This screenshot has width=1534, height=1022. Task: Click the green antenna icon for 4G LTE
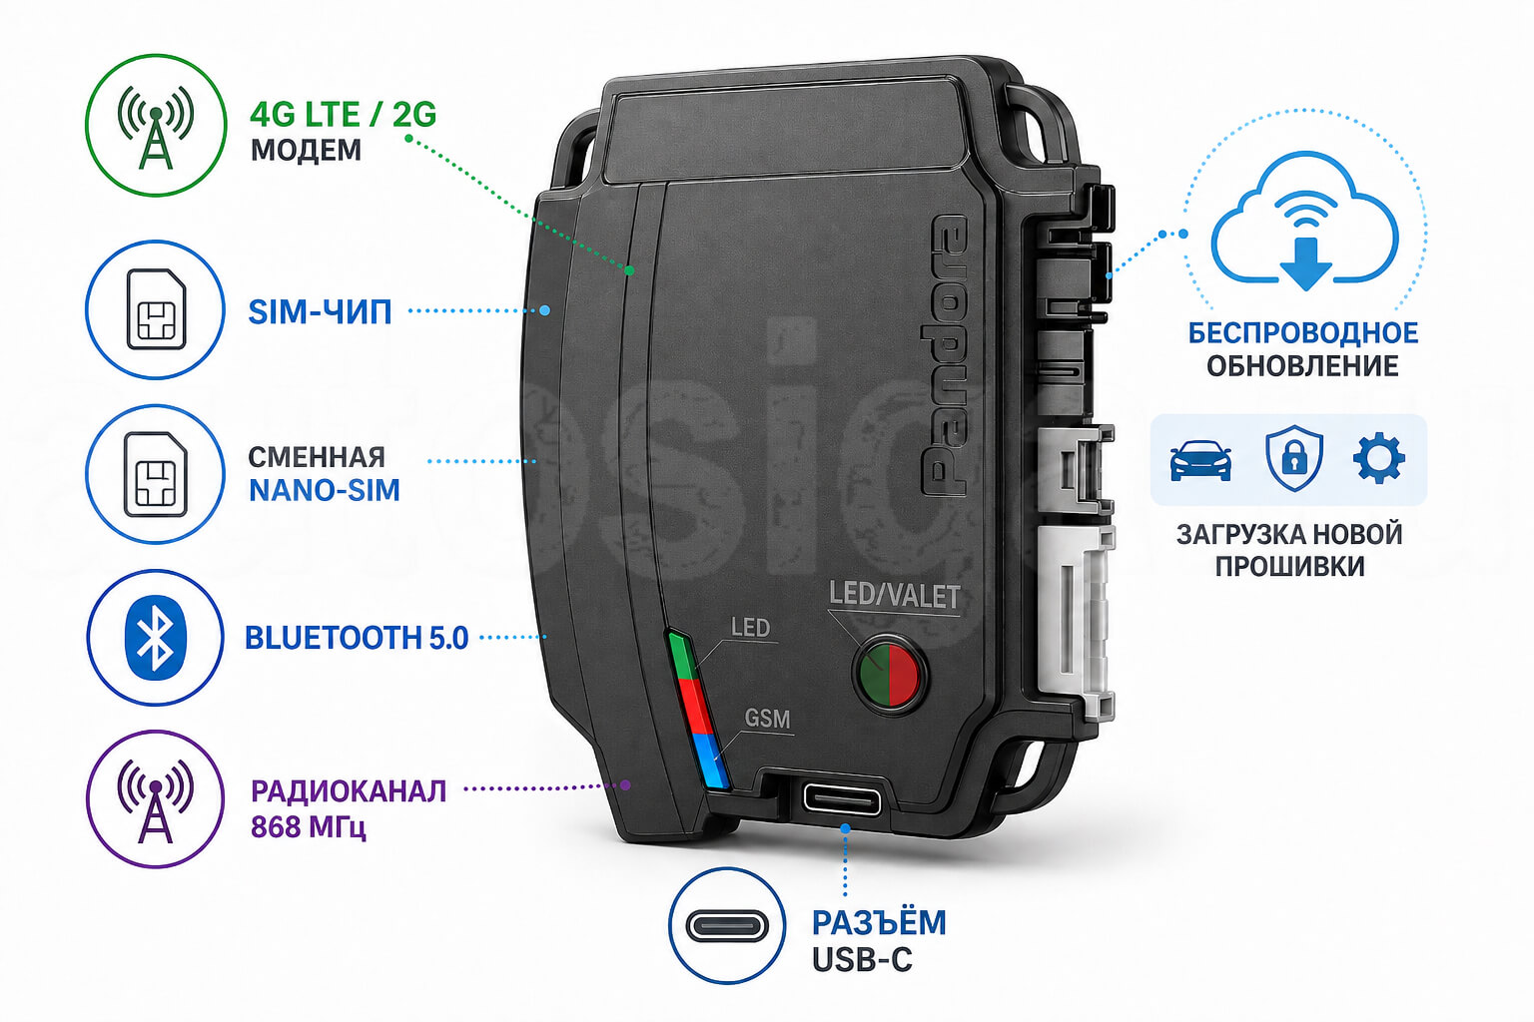tap(156, 128)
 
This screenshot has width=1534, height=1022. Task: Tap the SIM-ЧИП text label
tap(320, 312)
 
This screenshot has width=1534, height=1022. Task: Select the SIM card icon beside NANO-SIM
tap(156, 474)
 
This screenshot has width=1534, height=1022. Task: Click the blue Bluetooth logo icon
tap(156, 638)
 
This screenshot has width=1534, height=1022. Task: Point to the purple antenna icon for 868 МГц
tap(156, 800)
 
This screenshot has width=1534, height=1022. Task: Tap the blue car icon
tap(1200, 461)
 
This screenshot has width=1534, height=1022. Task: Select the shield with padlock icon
tap(1293, 459)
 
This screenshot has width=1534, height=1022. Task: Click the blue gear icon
tap(1379, 459)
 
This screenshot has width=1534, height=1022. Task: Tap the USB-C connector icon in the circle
tap(727, 926)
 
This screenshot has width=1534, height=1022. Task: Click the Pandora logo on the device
tap(944, 356)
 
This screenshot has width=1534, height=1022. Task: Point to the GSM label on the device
tap(767, 719)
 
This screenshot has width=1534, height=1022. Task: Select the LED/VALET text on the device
tap(895, 596)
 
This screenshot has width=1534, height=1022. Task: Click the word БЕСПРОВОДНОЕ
tap(1303, 333)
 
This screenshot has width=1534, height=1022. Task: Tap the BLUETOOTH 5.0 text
tap(357, 638)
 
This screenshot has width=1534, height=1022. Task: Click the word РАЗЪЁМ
tap(879, 923)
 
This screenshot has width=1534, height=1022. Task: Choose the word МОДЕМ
tap(307, 150)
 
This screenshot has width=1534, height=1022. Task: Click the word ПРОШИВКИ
tap(1290, 567)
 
